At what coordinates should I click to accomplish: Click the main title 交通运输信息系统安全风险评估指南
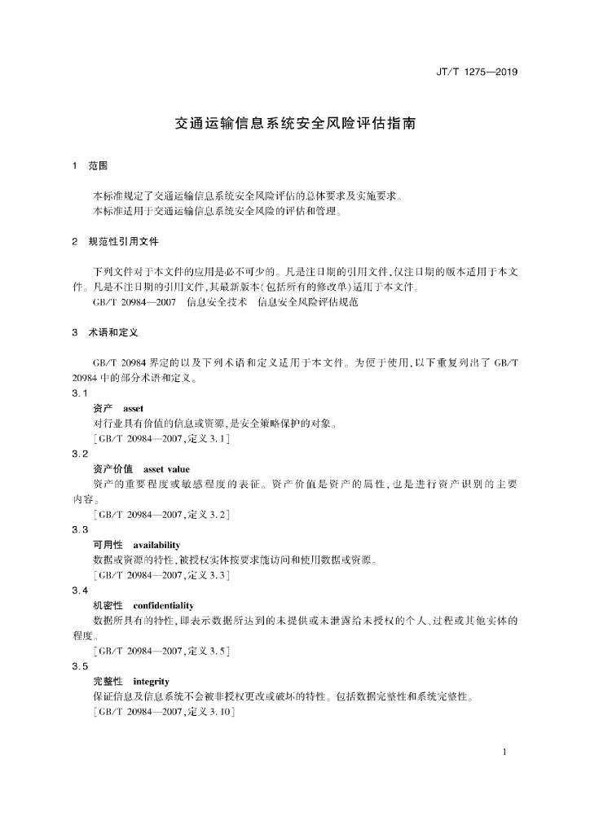point(295,125)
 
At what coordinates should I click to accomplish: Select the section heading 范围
point(97,166)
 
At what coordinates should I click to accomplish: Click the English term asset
point(133,408)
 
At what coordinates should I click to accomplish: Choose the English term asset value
point(165,469)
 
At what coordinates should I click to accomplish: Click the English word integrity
point(151,681)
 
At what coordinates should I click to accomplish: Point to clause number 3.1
point(80,393)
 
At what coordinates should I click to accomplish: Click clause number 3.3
point(80,529)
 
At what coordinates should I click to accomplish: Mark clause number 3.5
point(80,665)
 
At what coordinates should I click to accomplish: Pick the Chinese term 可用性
point(108,545)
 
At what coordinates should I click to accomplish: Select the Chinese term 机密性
point(108,606)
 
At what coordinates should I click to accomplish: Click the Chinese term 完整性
point(108,681)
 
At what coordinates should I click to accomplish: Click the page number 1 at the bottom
point(505,751)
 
